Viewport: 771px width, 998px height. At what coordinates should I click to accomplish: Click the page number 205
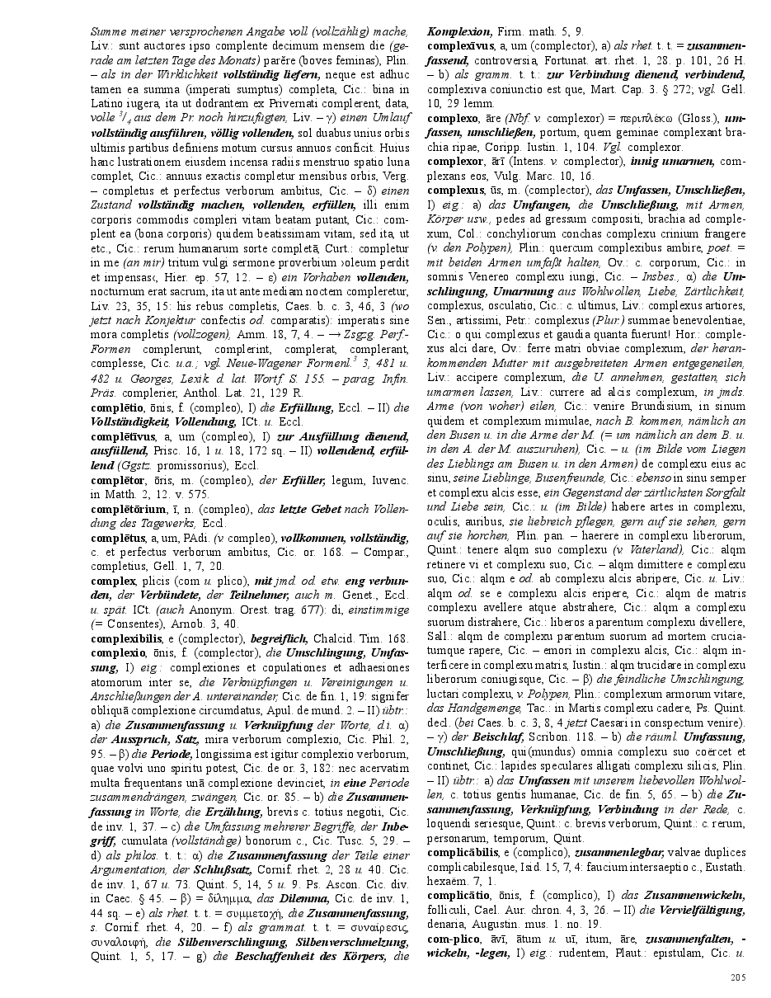pyautogui.click(x=737, y=978)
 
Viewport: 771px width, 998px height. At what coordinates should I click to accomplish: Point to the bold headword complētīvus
pyautogui.click(x=118, y=437)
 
